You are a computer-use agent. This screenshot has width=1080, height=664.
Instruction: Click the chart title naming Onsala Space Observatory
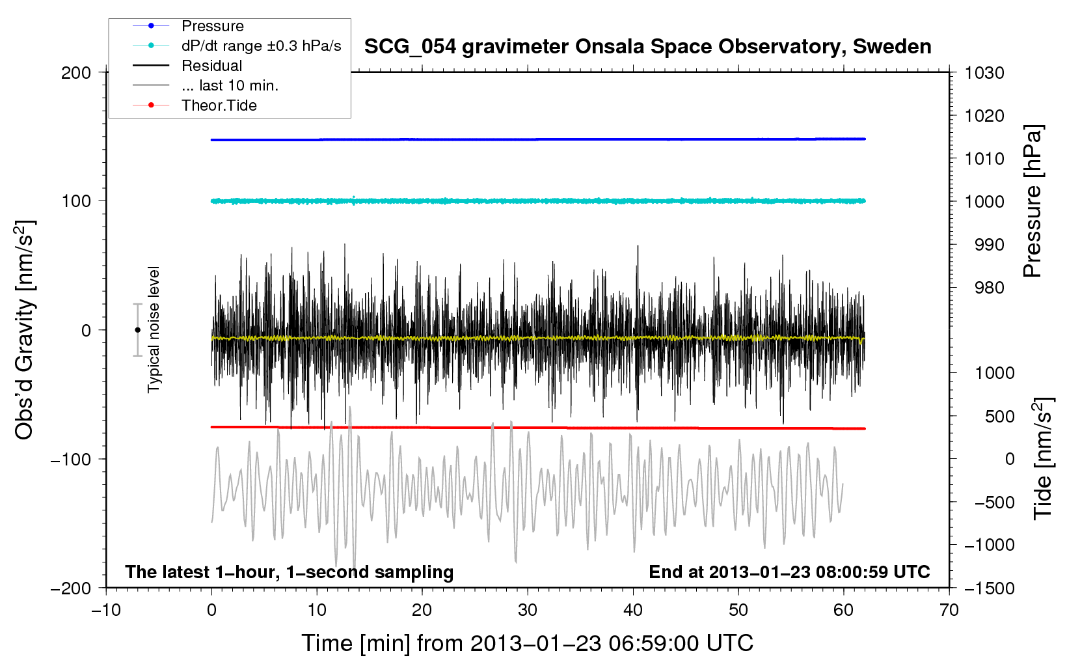pos(647,47)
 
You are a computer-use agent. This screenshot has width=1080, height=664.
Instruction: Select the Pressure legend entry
pos(212,26)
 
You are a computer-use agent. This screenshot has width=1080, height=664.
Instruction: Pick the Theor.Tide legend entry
pos(219,105)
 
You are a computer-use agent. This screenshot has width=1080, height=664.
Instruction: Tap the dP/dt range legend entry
pos(261,46)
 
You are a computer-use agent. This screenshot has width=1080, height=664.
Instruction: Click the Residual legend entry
pos(211,66)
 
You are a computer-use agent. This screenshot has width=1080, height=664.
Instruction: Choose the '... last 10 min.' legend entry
pos(230,85)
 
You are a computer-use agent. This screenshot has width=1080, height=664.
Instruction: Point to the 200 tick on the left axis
pos(76,72)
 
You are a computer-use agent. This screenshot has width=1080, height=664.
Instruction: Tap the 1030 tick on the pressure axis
pos(984,73)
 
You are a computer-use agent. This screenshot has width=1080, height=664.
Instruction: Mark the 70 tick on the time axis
pos(949,610)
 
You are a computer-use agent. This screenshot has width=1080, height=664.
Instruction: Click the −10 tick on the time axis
pos(106,610)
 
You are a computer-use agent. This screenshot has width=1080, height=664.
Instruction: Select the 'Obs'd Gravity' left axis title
pos(25,330)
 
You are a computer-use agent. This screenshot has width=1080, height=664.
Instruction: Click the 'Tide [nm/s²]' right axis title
pos(1043,459)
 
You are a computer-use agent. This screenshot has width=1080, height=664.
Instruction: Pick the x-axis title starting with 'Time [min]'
pos(527,643)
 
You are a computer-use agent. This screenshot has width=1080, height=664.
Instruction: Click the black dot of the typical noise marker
pos(137,330)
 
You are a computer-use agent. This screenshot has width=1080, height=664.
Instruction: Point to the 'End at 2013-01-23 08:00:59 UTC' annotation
pos(789,572)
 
